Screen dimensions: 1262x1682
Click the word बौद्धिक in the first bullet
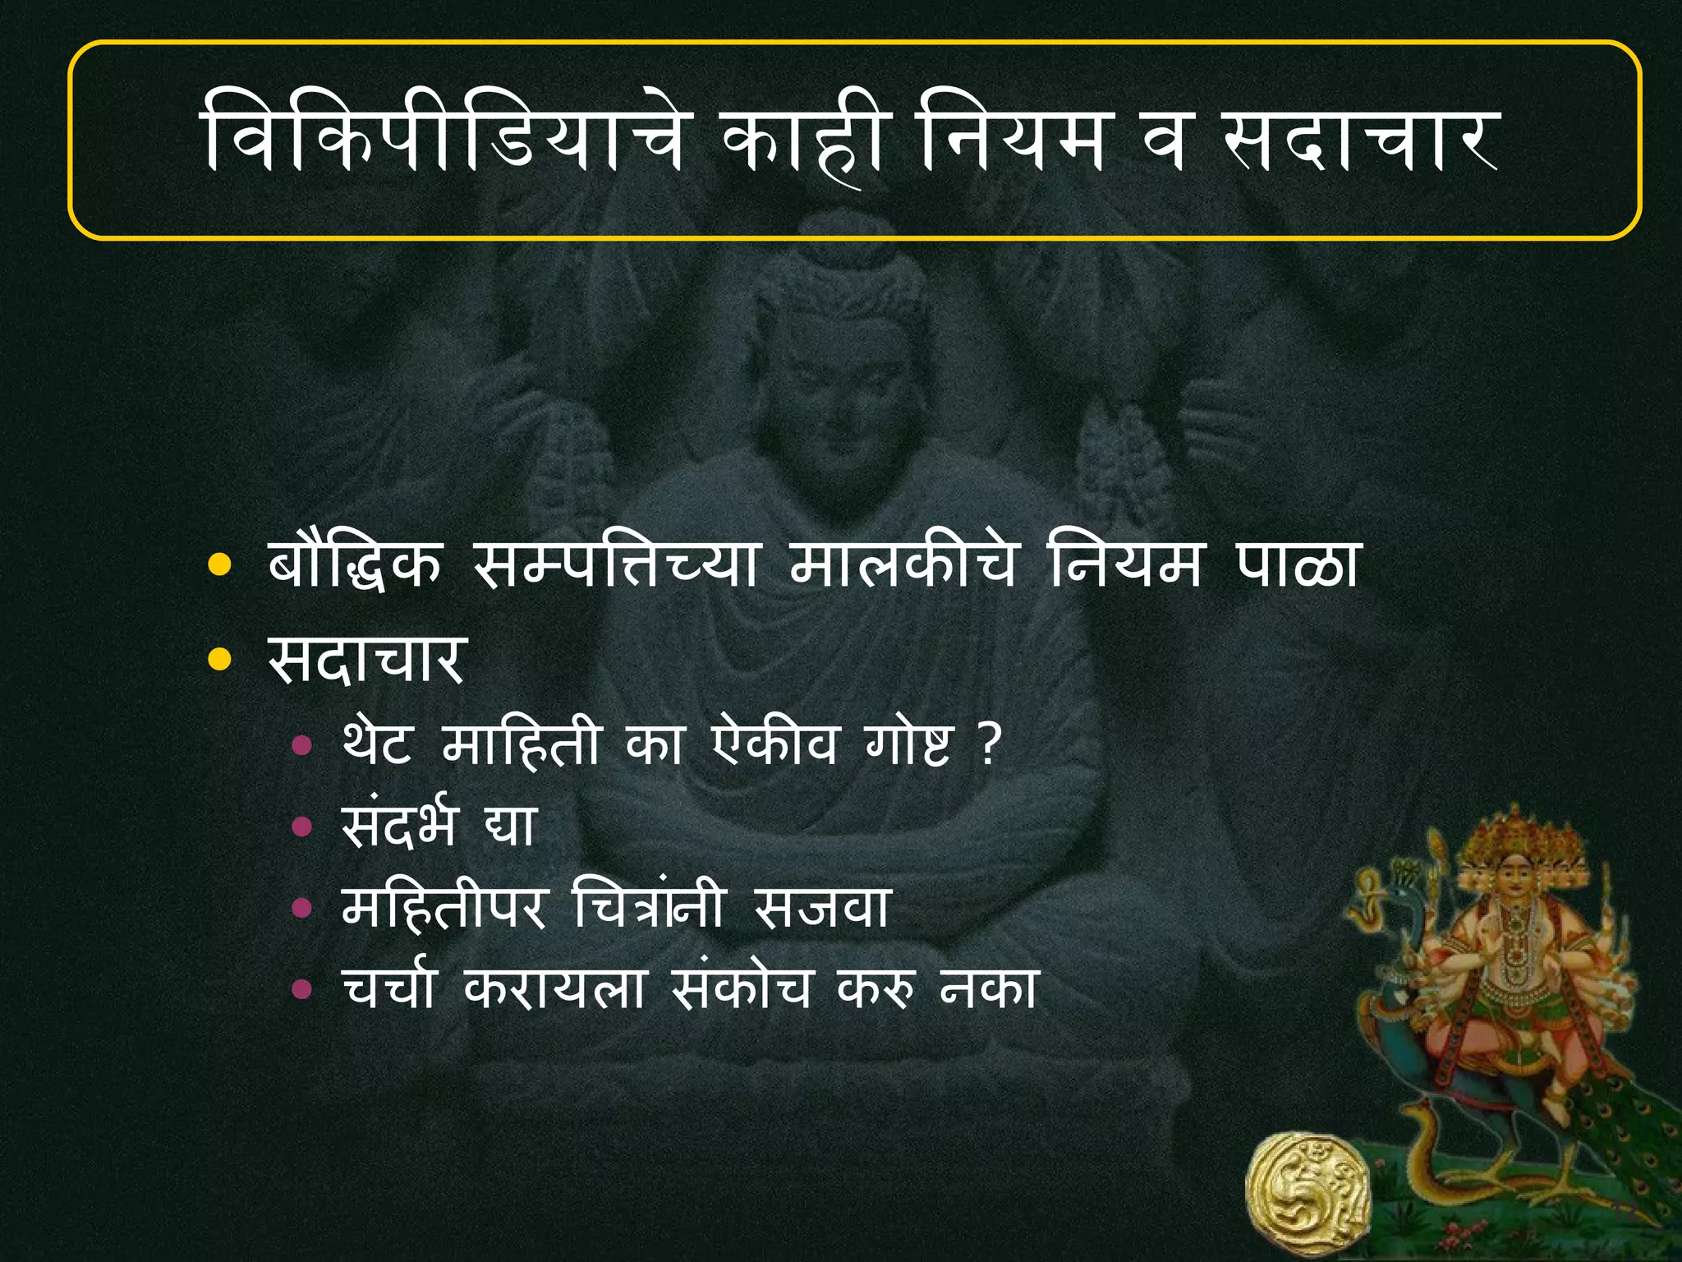click(356, 564)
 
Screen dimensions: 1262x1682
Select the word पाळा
click(1298, 564)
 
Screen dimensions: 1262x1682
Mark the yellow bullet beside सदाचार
click(219, 659)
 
